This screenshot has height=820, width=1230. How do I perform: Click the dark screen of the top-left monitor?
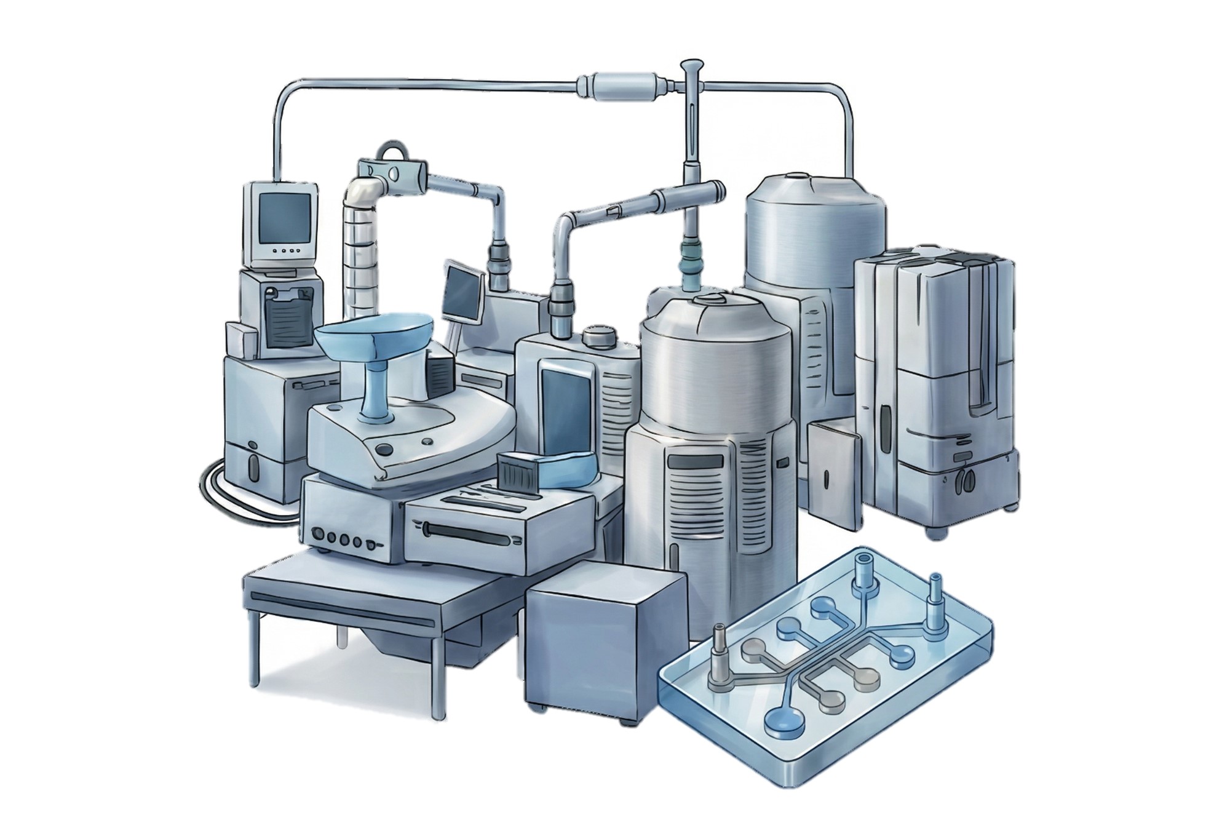280,218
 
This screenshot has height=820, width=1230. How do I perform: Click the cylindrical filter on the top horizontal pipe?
623,83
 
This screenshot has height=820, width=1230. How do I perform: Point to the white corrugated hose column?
360,246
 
